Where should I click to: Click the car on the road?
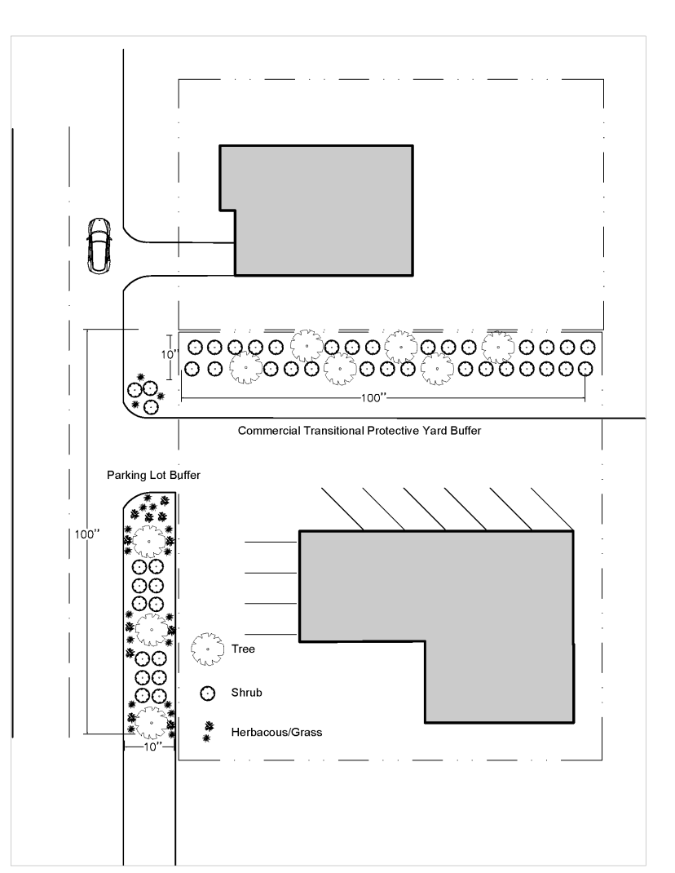click(99, 246)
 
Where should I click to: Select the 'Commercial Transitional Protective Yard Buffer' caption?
click(360, 430)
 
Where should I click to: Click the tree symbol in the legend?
click(207, 649)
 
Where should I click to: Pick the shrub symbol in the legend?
click(207, 693)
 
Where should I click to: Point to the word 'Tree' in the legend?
click(244, 649)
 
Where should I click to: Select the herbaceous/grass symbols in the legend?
click(207, 731)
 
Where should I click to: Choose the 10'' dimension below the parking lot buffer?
click(149, 746)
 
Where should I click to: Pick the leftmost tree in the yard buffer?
click(245, 368)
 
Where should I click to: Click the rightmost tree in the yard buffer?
click(497, 347)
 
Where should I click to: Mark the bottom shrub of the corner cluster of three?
click(150, 405)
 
